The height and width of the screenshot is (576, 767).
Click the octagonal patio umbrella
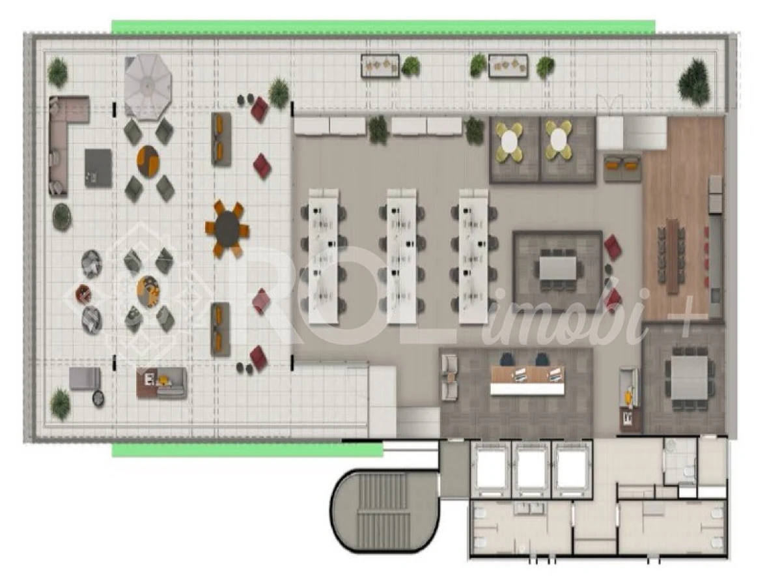tap(148, 85)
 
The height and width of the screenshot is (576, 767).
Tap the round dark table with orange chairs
tap(227, 229)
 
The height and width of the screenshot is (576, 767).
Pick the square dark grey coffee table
tap(98, 168)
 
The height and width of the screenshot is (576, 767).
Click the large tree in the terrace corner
tap(693, 82)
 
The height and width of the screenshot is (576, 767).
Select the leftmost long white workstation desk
tap(324, 257)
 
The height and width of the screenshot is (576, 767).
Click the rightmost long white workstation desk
tap(473, 257)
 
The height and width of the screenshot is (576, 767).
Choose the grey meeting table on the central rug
tap(558, 268)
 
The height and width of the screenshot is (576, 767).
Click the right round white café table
tap(558, 141)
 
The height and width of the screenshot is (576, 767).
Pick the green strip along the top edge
tap(383, 27)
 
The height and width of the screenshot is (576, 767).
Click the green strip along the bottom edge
tap(247, 450)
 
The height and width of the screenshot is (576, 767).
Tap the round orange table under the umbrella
tap(148, 160)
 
